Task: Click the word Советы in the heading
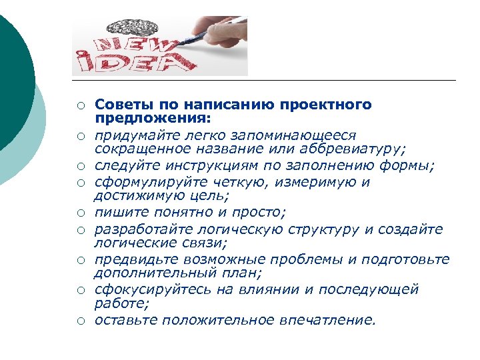point(117,105)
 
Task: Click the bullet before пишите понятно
point(79,214)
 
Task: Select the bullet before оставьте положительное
point(79,322)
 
